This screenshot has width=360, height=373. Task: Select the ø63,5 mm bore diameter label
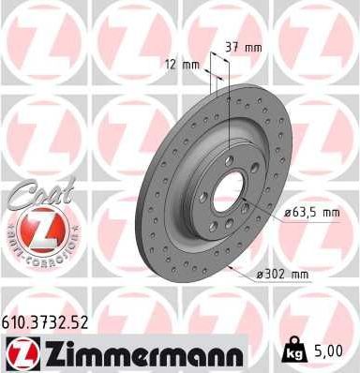coord(311,213)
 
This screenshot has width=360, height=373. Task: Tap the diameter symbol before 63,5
coord(286,213)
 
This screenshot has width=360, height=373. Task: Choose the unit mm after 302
coord(299,274)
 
